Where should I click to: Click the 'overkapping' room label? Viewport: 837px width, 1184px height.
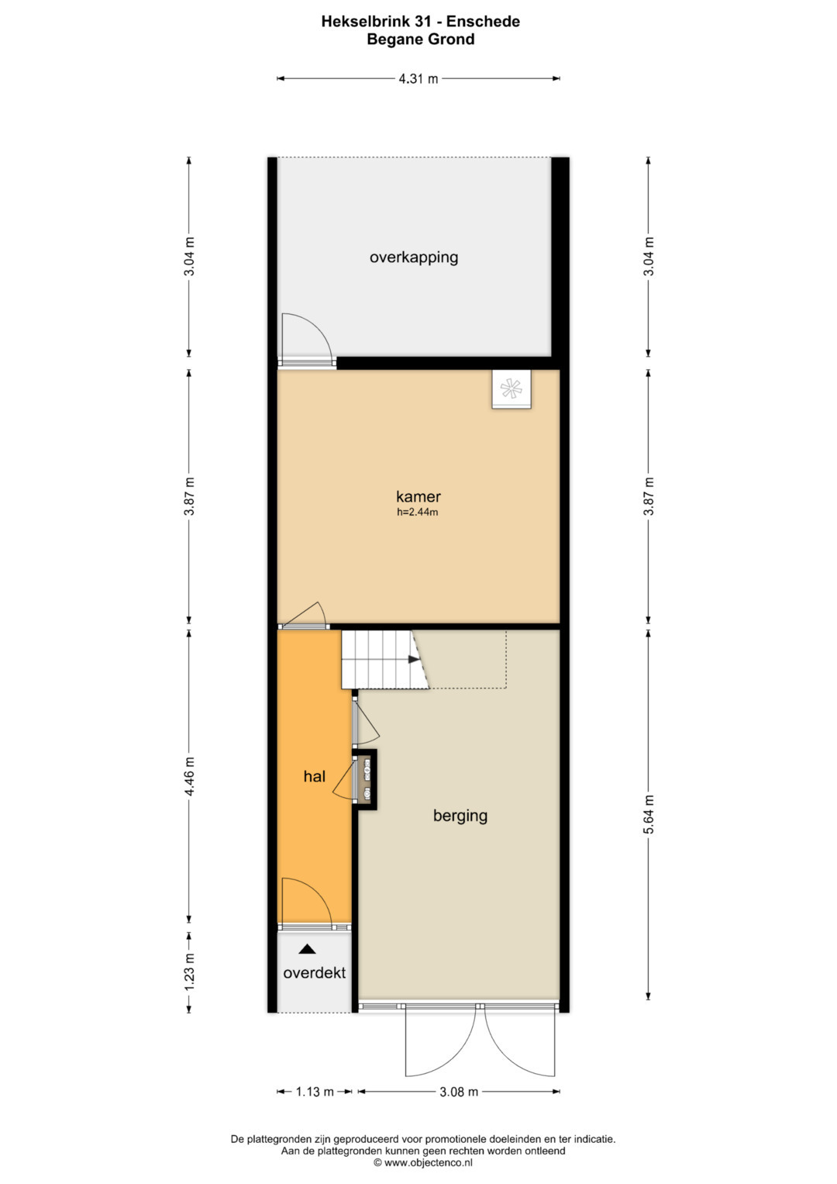tap(414, 257)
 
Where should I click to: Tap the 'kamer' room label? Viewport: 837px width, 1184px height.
tap(418, 496)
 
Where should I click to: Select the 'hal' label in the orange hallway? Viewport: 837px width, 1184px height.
tap(314, 776)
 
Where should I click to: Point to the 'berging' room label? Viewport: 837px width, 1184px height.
tap(460, 815)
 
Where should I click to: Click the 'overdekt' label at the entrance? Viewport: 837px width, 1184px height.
tap(314, 972)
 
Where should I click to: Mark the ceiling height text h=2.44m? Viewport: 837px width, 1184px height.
tap(418, 513)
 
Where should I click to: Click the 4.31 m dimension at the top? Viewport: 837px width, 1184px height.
tap(418, 78)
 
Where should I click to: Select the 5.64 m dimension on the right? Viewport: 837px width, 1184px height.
tap(649, 814)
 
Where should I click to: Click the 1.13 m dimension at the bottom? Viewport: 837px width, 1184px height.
tap(315, 1092)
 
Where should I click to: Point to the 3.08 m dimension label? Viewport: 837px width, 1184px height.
tap(459, 1092)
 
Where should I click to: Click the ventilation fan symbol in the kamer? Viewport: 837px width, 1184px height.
tap(511, 388)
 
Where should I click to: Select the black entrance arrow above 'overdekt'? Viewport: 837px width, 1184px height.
tap(308, 949)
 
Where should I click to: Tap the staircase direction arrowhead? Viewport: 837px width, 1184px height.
tap(414, 660)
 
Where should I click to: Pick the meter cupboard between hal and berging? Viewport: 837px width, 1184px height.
tap(366, 780)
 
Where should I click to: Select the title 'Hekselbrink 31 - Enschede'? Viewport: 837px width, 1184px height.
tap(420, 22)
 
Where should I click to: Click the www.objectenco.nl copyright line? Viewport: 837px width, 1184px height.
tap(422, 1162)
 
